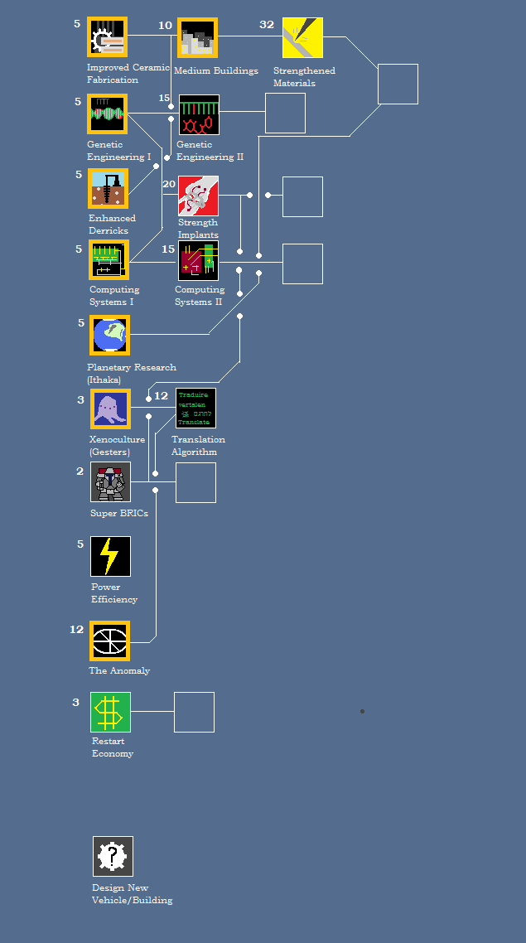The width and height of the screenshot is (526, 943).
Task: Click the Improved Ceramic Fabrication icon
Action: pyautogui.click(x=107, y=38)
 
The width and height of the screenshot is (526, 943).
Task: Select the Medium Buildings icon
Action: pyautogui.click(x=197, y=38)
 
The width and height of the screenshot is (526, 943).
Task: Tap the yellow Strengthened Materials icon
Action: pyautogui.click(x=302, y=38)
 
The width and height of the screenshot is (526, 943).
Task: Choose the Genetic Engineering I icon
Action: pyautogui.click(x=107, y=114)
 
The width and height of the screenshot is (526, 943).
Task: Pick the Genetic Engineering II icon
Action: pyautogui.click(x=199, y=114)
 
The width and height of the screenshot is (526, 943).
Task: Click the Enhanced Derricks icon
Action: pyautogui.click(x=108, y=189)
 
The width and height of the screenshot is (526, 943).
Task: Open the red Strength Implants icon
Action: pyautogui.click(x=198, y=196)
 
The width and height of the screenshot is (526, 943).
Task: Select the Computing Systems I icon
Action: pyautogui.click(x=109, y=260)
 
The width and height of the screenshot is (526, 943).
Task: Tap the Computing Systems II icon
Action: pyautogui.click(x=198, y=260)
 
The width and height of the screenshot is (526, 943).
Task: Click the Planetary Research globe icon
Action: pyautogui.click(x=109, y=335)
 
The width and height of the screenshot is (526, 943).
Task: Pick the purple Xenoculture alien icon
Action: pyautogui.click(x=110, y=409)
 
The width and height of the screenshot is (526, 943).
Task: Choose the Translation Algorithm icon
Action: pyautogui.click(x=195, y=409)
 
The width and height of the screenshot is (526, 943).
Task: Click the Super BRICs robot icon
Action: pyautogui.click(x=110, y=482)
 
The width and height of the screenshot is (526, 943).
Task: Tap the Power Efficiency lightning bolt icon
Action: pyautogui.click(x=110, y=556)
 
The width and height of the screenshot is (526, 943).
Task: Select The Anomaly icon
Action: pyautogui.click(x=109, y=641)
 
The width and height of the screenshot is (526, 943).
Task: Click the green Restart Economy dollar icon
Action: pyautogui.click(x=110, y=712)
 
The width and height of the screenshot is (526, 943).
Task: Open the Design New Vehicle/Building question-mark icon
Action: pyautogui.click(x=113, y=856)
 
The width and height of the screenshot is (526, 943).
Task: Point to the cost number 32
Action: pyautogui.click(x=267, y=25)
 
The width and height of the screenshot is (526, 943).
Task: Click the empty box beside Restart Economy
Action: pyautogui.click(x=194, y=712)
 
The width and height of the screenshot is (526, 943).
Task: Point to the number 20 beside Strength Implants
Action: pyautogui.click(x=169, y=184)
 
